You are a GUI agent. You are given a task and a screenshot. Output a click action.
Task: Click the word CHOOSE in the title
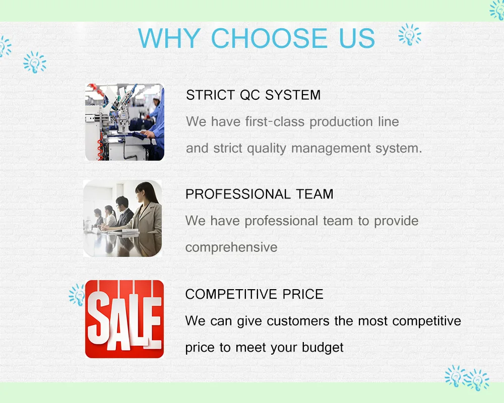click(269, 38)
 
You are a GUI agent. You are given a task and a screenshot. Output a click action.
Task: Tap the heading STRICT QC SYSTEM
click(254, 95)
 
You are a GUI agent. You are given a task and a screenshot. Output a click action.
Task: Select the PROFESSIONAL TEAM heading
click(260, 194)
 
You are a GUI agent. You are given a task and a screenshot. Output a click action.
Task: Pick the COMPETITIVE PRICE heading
click(254, 294)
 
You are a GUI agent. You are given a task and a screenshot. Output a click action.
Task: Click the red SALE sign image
click(124, 319)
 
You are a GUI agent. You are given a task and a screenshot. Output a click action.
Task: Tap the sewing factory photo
click(124, 122)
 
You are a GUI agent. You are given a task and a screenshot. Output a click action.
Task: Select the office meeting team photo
click(122, 218)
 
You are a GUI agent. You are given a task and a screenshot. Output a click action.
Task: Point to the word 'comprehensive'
click(231, 247)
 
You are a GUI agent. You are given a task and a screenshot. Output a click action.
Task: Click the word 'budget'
click(323, 348)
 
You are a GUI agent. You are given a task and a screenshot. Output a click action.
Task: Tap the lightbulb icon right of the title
click(410, 34)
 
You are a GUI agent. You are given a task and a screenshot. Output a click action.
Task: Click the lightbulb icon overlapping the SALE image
click(77, 295)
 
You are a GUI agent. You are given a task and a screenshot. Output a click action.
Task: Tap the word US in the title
click(357, 38)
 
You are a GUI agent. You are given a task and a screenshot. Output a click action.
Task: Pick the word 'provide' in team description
click(396, 221)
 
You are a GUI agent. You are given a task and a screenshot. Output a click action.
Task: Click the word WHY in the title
click(169, 38)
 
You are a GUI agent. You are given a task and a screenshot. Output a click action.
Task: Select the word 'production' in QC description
click(341, 122)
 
